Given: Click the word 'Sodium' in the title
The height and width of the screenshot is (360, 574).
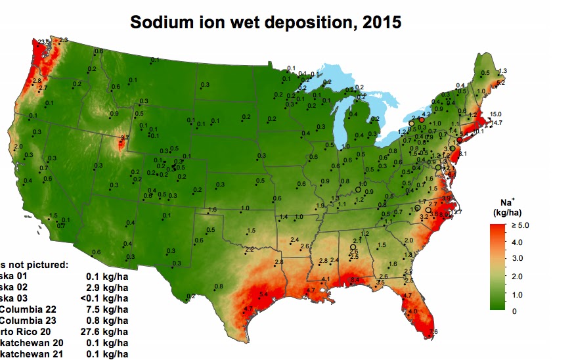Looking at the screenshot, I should pos(165,22).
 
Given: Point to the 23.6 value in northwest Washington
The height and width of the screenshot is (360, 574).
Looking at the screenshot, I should pos(44,42).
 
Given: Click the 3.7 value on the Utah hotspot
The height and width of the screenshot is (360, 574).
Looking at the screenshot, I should pos(123,138).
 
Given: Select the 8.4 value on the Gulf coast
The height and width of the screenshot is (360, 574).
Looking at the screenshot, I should pos(355,280).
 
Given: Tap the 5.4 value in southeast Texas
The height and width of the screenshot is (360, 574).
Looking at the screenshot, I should pos(263,294).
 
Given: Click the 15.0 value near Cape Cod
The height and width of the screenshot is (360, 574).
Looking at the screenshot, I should pos(495,114).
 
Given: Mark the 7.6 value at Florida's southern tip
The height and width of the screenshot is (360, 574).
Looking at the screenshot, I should pos(432,332).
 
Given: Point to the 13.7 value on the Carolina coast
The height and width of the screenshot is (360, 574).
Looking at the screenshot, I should pos(456,212).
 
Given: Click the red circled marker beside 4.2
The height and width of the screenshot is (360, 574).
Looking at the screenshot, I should pos(422,120).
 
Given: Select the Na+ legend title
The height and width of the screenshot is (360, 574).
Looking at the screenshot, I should pos(502,207).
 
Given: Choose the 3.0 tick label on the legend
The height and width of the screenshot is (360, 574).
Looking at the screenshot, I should pos(514,259).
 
